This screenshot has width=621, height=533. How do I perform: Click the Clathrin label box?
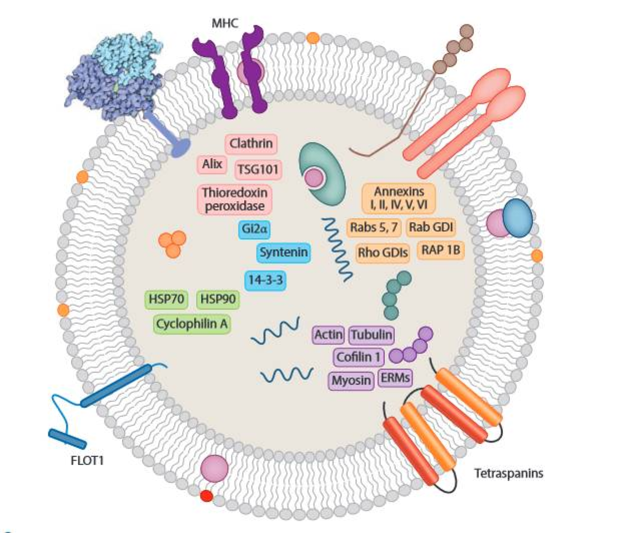pyautogui.click(x=251, y=144)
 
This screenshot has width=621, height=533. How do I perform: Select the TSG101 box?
pyautogui.click(x=257, y=169)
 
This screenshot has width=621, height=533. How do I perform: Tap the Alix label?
pyautogui.click(x=212, y=164)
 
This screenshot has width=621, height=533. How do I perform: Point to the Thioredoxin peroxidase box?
pyautogui.click(x=234, y=199)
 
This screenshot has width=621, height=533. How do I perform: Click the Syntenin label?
pyautogui.click(x=283, y=252)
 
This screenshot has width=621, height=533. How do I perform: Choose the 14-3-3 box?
pyautogui.click(x=265, y=280)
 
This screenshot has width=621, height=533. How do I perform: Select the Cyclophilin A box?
pyautogui.click(x=192, y=324)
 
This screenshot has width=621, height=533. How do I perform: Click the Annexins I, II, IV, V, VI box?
pyautogui.click(x=399, y=198)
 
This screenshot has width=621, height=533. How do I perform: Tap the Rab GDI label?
pyautogui.click(x=431, y=227)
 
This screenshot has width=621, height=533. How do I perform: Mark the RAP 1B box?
pyautogui.click(x=440, y=249)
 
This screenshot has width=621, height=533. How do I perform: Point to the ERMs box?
pyautogui.click(x=395, y=378)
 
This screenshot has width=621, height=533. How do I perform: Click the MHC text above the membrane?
pyautogui.click(x=225, y=23)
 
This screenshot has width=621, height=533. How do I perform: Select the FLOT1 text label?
pyautogui.click(x=87, y=459)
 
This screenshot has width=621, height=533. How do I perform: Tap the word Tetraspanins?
pyautogui.click(x=508, y=472)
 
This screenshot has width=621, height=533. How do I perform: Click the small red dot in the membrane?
pyautogui.click(x=206, y=496)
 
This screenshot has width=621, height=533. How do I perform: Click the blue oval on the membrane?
pyautogui.click(x=517, y=218)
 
